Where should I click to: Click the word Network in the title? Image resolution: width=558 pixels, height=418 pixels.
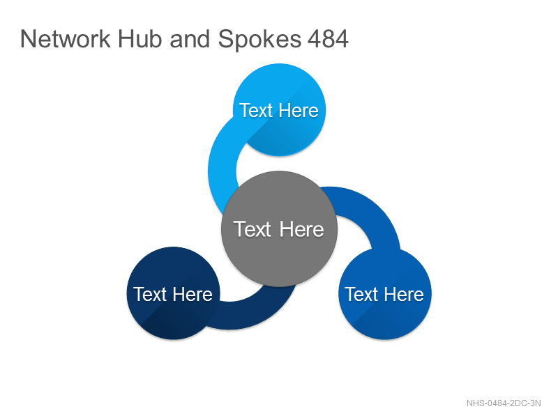point(66,39)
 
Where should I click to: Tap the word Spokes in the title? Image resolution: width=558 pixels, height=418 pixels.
point(259,40)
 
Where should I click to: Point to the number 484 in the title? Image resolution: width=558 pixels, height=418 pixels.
point(328,39)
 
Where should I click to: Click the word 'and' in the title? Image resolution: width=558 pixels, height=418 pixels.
point(190,39)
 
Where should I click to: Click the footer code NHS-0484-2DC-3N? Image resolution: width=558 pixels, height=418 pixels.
point(504,403)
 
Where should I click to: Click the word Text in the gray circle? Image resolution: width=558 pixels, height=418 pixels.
point(252,229)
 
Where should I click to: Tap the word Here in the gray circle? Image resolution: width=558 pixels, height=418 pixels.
point(302,229)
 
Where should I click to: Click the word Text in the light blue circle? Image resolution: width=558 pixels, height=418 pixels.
point(256,110)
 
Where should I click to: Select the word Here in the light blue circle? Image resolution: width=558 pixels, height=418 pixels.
point(299,110)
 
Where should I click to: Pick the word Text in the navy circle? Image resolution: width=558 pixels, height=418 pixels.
point(150,294)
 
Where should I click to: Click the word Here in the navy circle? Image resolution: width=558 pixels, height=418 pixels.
point(193,294)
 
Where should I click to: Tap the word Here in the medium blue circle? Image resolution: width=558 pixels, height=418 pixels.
point(405,294)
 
